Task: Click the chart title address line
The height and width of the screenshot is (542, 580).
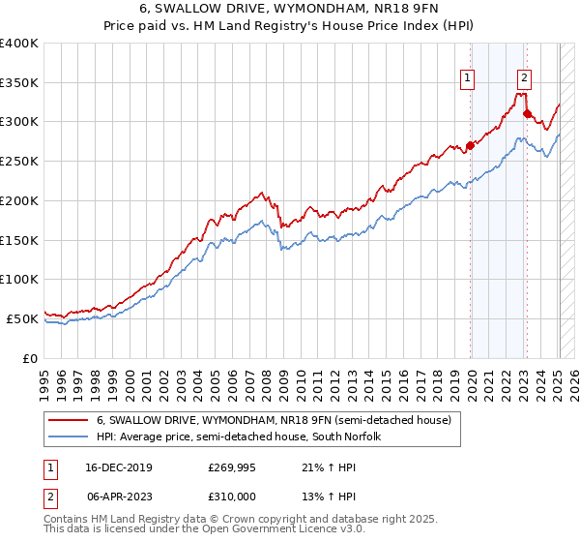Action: [x=289, y=10]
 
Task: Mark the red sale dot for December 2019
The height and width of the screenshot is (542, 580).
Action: [x=470, y=146]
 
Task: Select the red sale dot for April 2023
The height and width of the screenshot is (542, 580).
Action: [x=527, y=114]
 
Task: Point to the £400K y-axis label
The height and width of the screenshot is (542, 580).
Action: [x=19, y=44]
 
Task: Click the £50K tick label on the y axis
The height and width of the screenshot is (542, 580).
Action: [x=22, y=317]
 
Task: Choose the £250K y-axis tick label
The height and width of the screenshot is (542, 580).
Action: [x=19, y=161]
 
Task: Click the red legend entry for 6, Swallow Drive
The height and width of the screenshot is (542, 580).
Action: [x=274, y=421]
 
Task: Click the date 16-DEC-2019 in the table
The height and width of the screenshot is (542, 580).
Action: [x=117, y=467]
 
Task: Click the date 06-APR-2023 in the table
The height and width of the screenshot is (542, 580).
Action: [x=117, y=496]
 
